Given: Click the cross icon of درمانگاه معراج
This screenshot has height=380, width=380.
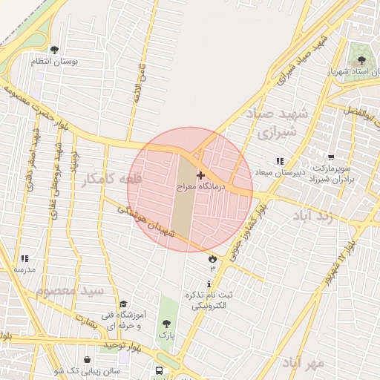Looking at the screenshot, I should pyautogui.click(x=200, y=175).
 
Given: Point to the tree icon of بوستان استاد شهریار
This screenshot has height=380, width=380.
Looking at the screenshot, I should pyautogui.click(x=361, y=60).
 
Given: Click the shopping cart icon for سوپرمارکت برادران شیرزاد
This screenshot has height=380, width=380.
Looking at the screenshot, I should pyautogui.click(x=330, y=157).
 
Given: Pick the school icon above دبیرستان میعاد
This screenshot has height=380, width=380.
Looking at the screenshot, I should pyautogui.click(x=280, y=160).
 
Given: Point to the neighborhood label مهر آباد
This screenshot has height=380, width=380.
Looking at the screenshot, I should pyautogui.click(x=302, y=364).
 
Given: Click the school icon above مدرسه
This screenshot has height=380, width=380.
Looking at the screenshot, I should pyautogui.click(x=24, y=258).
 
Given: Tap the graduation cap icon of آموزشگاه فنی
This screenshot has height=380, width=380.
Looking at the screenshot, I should pyautogui.click(x=123, y=304).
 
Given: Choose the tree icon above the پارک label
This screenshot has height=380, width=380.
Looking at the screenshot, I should pyautogui.click(x=166, y=324).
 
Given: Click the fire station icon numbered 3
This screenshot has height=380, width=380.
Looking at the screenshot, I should pyautogui.click(x=213, y=259).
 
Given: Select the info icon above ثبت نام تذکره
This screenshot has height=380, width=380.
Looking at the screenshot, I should pyautogui.click(x=210, y=284).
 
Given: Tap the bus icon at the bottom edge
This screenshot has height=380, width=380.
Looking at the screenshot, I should pyautogui.click(x=159, y=370).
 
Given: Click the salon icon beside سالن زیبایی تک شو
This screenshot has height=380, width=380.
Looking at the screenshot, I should pyautogui.click(x=88, y=360).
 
